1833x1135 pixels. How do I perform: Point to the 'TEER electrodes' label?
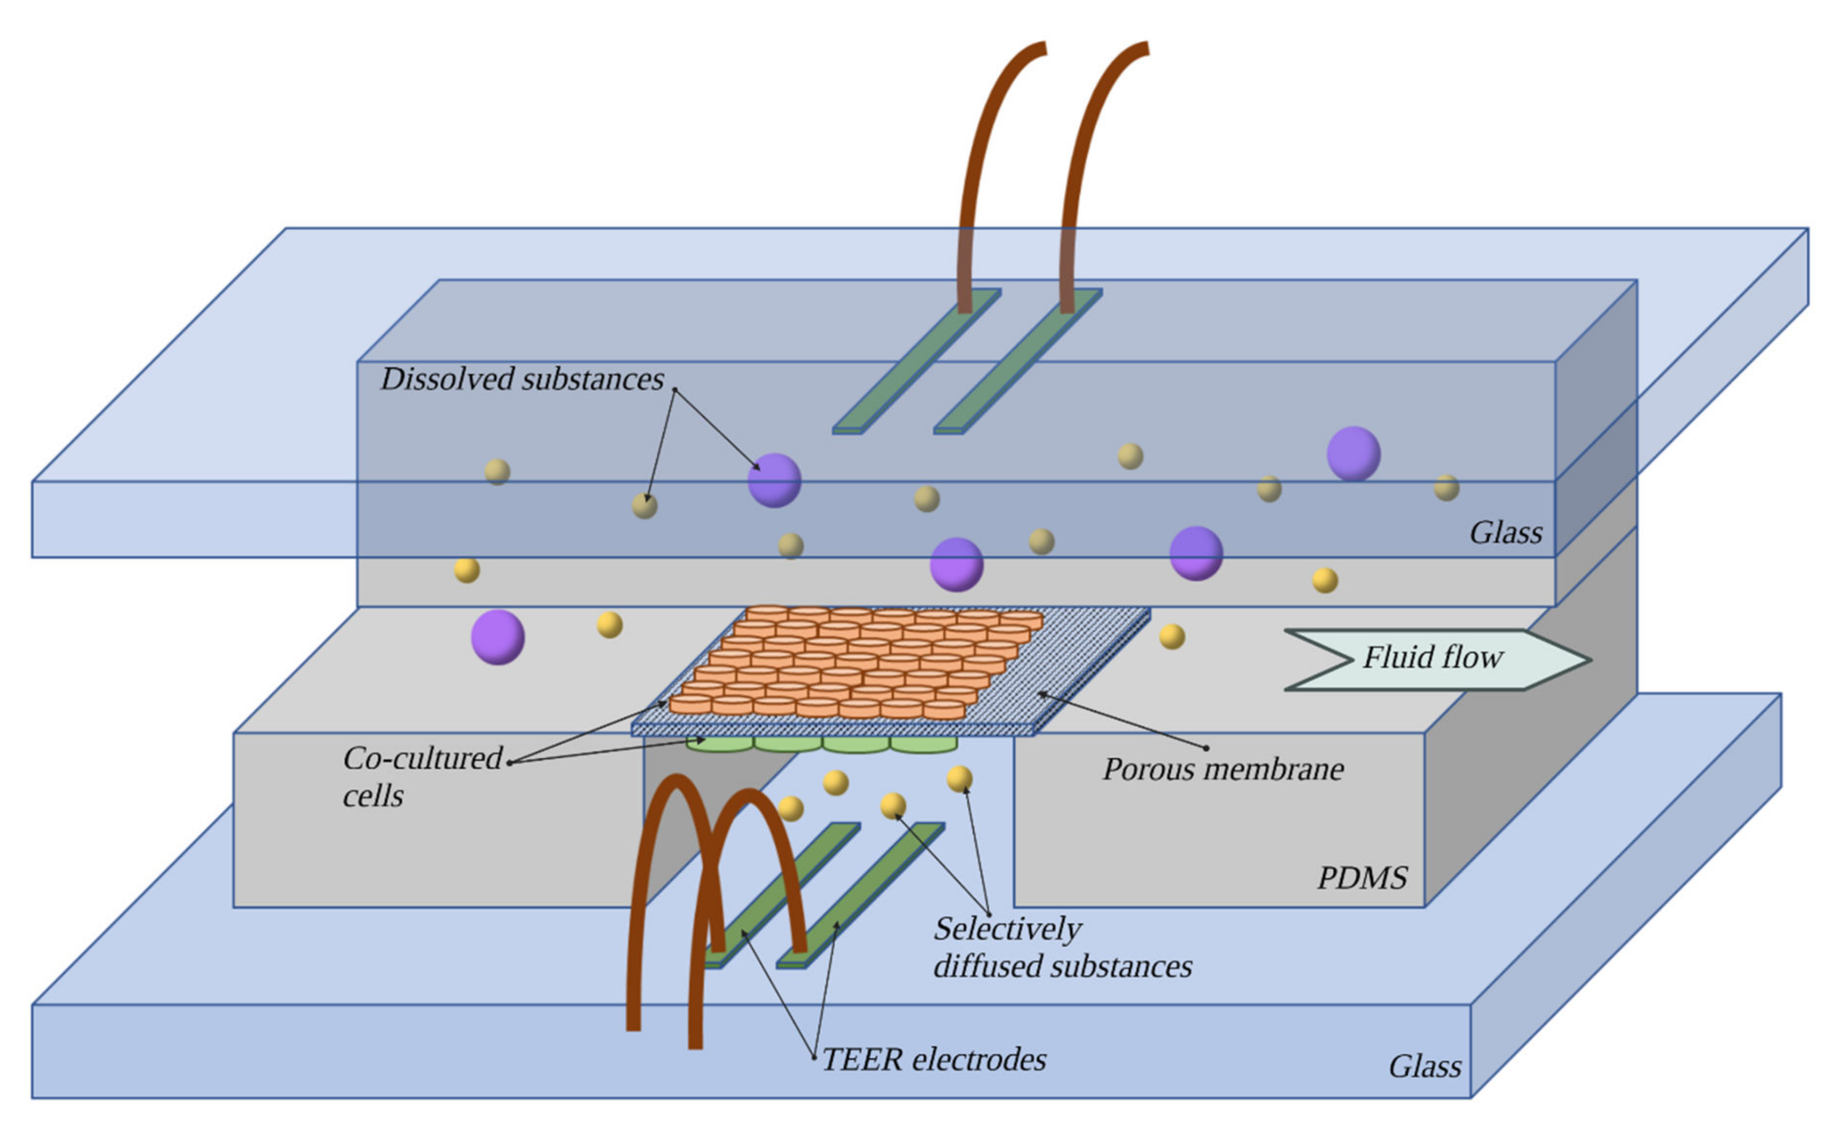[934, 1060]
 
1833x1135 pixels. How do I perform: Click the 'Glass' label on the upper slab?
[1505, 533]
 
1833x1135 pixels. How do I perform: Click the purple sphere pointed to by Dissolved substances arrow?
[774, 481]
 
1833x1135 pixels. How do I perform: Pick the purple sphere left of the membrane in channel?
[498, 637]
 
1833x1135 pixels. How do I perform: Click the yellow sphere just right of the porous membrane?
[1172, 637]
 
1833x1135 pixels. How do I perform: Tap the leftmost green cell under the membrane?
[719, 745]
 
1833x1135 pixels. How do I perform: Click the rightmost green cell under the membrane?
[924, 745]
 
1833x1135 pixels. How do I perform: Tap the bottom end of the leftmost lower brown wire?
[633, 1025]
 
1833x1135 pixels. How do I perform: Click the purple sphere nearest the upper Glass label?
[1353, 453]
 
